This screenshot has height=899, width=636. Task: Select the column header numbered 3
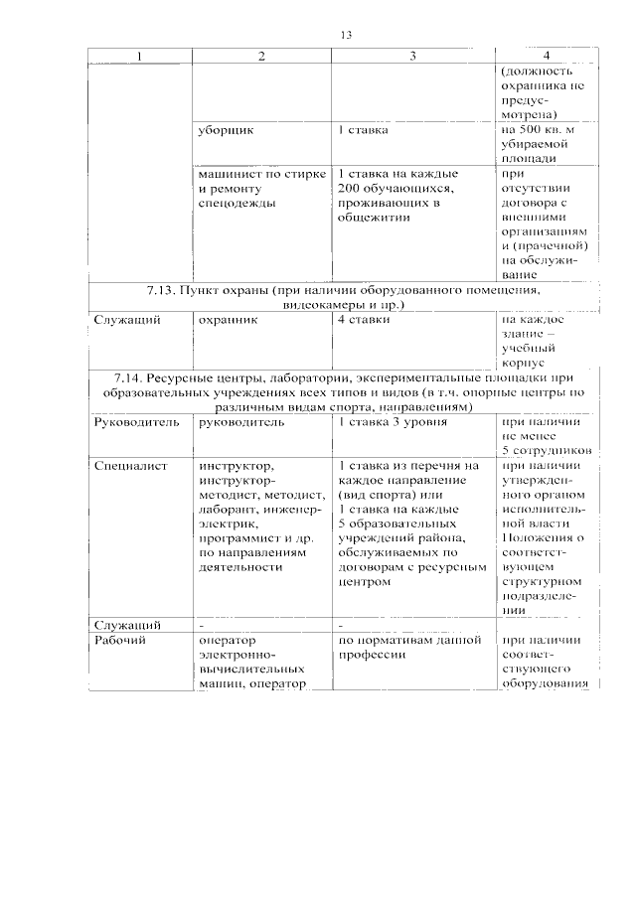tap(412, 57)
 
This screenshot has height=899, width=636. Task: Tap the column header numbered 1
tap(139, 57)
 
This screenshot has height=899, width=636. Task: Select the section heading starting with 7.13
tap(343, 298)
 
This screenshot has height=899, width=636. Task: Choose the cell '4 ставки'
tap(364, 320)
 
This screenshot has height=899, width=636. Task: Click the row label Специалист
tap(131, 465)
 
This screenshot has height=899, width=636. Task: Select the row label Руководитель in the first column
tap(136, 422)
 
